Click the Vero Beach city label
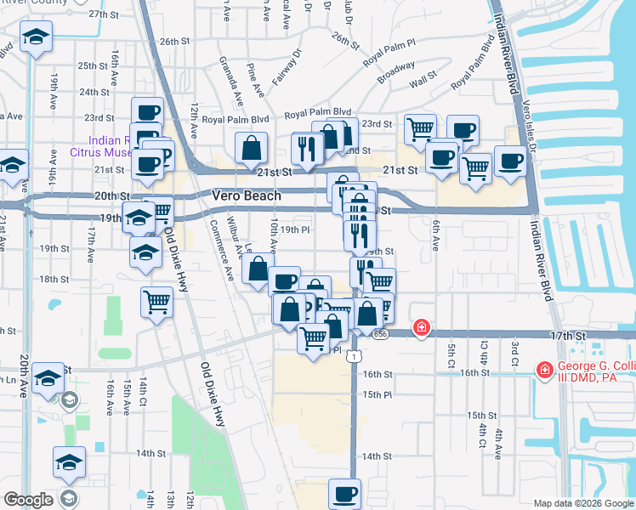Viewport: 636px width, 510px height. (x=246, y=195)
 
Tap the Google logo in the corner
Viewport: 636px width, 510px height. (x=28, y=500)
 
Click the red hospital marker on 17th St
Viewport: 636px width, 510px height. (x=420, y=328)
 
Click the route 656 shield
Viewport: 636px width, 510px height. (x=380, y=336)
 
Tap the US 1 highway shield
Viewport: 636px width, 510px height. (x=352, y=357)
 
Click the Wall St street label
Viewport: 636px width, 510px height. (x=422, y=84)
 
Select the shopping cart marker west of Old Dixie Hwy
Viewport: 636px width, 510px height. (x=157, y=301)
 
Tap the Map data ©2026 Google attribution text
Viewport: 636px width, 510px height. (x=582, y=503)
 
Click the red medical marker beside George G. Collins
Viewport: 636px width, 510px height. (x=542, y=370)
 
